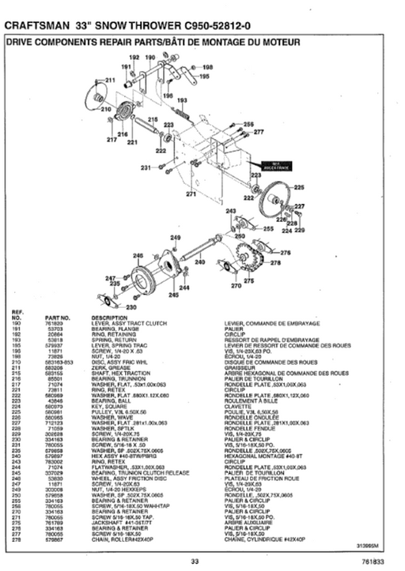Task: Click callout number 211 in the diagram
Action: coord(110,81)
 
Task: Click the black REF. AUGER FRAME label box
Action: coord(261,167)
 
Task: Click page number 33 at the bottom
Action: coord(194,561)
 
